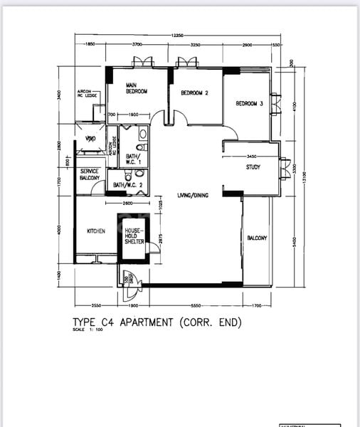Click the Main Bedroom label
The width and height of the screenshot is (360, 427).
point(136,88)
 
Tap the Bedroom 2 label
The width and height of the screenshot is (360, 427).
point(194,93)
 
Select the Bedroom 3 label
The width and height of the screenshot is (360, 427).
point(249,103)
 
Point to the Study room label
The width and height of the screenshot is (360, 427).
point(253,168)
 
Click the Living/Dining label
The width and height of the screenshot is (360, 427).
point(192,195)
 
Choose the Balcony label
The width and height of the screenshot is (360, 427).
point(257,238)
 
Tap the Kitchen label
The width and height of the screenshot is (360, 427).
point(96,231)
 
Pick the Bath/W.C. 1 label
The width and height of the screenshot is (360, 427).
point(133,159)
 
